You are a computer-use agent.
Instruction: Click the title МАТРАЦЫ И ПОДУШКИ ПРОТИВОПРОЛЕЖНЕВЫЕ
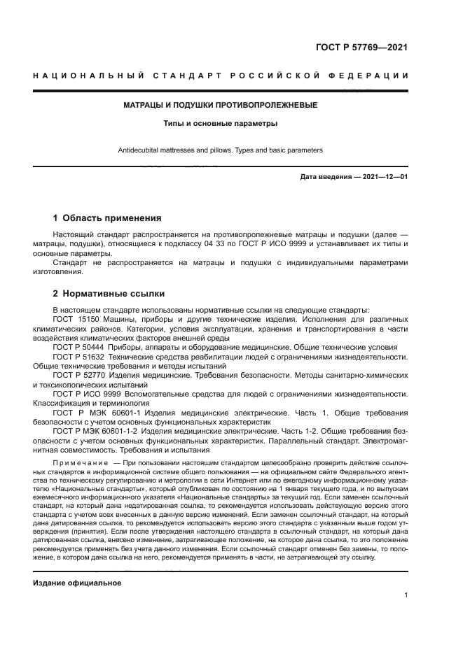coord(221,105)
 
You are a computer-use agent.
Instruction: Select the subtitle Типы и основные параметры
coord(221,124)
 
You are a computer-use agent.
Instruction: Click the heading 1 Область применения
coord(107,218)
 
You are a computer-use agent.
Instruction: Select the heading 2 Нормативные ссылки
coord(109,293)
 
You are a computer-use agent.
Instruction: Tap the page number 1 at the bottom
coord(406,595)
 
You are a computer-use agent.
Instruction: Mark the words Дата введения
coord(326,177)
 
